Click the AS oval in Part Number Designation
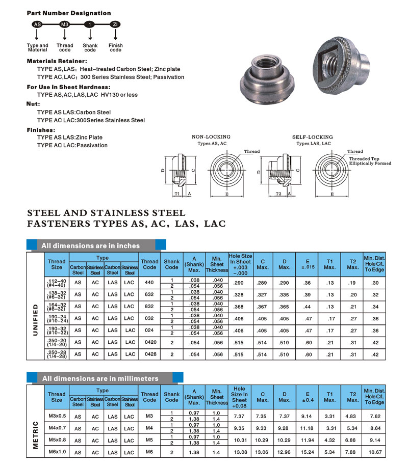click(37, 24)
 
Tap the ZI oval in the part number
click(116, 24)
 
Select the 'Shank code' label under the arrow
click(90, 48)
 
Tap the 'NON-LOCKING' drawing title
click(211, 137)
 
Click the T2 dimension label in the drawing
click(278, 194)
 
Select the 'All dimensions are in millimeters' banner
click(100, 378)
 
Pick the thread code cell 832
click(149, 307)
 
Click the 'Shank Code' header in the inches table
click(172, 264)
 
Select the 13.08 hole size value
click(239, 452)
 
